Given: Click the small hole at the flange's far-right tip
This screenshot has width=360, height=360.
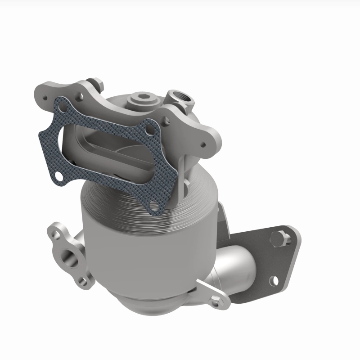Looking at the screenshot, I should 203,145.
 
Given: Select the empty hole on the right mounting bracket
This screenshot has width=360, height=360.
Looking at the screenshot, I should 273,281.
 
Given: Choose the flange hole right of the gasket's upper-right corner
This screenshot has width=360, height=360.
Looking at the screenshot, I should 166,121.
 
